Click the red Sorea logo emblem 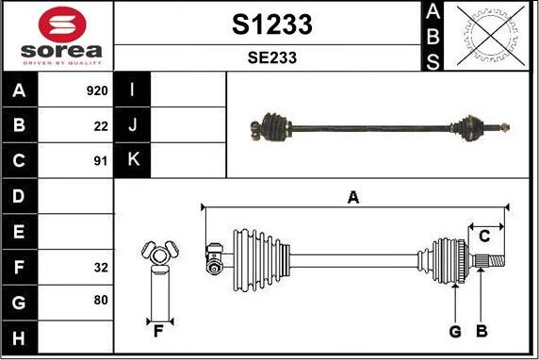pyautogui.click(x=62, y=25)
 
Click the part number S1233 pyautogui.click(x=272, y=25)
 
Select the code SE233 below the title pyautogui.click(x=272, y=57)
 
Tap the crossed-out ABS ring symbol pyautogui.click(x=491, y=36)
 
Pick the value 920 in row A pyautogui.click(x=97, y=90)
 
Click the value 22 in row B pyautogui.click(x=101, y=126)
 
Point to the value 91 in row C pyautogui.click(x=101, y=161)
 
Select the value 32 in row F pyautogui.click(x=101, y=268)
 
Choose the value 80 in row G pyautogui.click(x=101, y=300)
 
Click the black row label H pyautogui.click(x=19, y=337)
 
